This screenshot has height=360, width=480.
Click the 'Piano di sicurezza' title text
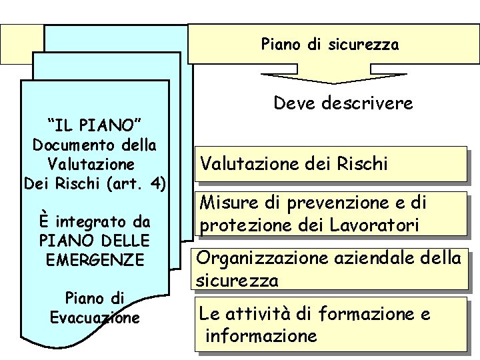[329, 45]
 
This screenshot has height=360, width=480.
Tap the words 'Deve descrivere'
[343, 104]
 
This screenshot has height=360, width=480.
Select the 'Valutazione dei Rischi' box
[331, 163]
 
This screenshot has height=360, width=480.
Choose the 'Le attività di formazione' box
[331, 324]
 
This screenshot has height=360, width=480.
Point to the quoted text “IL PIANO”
[94, 125]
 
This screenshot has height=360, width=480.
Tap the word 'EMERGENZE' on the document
[95, 259]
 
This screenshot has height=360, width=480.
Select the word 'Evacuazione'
[95, 317]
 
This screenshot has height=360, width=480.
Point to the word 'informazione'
[261, 336]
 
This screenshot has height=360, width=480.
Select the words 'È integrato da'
[94, 221]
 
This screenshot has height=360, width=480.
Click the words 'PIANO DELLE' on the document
[95, 239]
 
